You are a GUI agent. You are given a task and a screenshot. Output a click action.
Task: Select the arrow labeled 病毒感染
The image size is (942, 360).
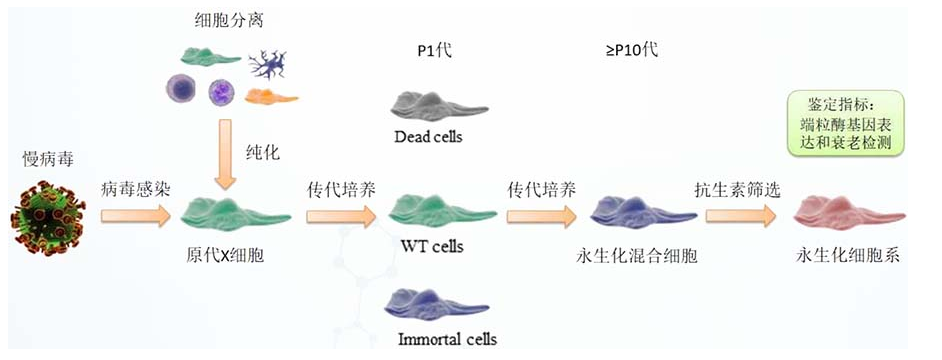click(x=136, y=216)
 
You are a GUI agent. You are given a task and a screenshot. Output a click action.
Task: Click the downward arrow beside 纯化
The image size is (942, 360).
click(x=226, y=154)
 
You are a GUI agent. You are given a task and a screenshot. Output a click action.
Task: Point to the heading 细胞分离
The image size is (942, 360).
click(x=229, y=22)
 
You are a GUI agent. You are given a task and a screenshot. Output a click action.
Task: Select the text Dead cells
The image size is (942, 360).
click(x=428, y=137)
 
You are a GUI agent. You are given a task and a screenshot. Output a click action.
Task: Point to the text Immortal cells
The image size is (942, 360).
click(x=448, y=340)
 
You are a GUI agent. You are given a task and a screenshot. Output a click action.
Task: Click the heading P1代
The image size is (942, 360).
click(x=434, y=51)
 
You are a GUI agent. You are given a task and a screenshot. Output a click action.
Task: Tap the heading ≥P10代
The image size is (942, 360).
click(x=631, y=50)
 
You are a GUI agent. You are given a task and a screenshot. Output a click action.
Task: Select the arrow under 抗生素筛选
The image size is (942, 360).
click(x=741, y=216)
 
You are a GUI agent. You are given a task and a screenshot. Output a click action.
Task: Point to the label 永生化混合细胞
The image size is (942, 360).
click(x=637, y=257)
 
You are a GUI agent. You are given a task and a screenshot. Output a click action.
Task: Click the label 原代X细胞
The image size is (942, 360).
click(x=225, y=257)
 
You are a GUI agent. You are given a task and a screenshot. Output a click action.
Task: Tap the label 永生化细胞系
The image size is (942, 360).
click(x=848, y=257)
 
